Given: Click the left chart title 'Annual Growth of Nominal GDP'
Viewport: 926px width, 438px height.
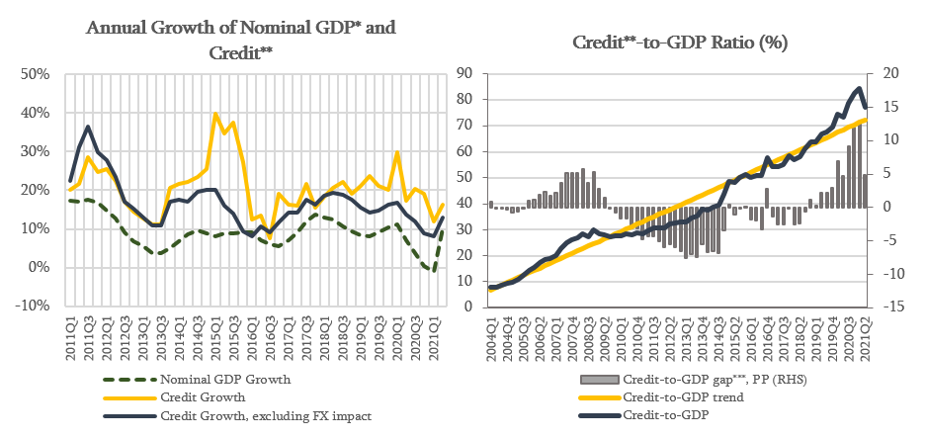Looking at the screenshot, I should [240, 28].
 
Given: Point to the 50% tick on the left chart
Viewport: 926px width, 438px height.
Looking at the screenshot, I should [37, 74].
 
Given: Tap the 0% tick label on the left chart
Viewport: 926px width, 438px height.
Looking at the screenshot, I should [41, 268].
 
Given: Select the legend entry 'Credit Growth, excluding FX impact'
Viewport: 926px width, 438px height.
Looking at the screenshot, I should [266, 414].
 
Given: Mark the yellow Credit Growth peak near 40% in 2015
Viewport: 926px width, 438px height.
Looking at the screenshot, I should [215, 114].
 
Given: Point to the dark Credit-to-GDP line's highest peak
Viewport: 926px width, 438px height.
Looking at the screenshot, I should [859, 89].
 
